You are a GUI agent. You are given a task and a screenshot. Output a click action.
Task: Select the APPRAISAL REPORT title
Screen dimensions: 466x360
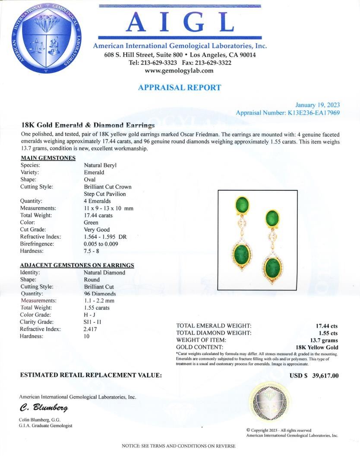(x=180, y=88)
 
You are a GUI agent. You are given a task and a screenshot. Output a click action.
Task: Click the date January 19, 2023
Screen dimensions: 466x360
(x=317, y=105)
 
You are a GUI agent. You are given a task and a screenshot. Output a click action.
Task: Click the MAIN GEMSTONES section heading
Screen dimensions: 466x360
(x=48, y=158)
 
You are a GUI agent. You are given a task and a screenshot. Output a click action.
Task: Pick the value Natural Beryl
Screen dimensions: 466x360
(x=100, y=165)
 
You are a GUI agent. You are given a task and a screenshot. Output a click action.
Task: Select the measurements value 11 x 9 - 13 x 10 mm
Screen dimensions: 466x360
(x=108, y=208)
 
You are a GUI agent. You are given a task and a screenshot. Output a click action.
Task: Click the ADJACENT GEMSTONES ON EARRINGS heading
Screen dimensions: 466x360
(x=77, y=265)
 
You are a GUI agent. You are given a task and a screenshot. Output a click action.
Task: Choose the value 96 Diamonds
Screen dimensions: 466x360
(x=100, y=294)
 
